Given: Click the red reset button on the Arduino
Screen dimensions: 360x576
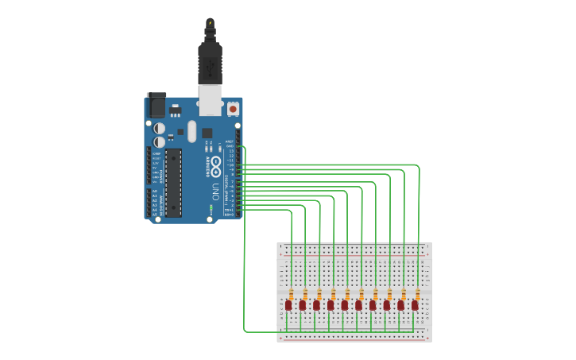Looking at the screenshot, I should pos(233,108).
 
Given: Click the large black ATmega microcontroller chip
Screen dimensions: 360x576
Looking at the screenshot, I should pos(173,182).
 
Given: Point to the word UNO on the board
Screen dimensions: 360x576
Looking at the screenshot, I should pos(215,191).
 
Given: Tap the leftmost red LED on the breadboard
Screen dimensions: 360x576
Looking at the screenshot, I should pos(288,305).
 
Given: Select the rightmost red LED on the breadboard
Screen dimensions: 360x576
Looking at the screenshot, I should pos(415,305).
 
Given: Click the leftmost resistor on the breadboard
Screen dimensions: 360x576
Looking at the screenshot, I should pos(292,295).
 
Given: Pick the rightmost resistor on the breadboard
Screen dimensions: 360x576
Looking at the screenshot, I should pos(418,295).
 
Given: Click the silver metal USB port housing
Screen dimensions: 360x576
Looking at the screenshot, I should pos(210,99).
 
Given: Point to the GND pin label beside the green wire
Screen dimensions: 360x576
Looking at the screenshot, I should pos(230,146).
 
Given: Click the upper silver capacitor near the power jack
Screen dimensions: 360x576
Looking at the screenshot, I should pos(160,127).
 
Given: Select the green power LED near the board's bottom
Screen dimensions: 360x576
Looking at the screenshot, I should pos(211,208).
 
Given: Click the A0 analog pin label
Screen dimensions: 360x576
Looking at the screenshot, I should pos(154,191).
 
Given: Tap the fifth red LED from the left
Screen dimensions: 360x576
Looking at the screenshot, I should pos(345,305).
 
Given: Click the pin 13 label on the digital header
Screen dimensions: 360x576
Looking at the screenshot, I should pos(230,151).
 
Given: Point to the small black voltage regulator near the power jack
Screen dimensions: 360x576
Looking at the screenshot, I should pos(176,111).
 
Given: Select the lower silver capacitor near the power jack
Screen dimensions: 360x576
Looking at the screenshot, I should pos(160,141).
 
